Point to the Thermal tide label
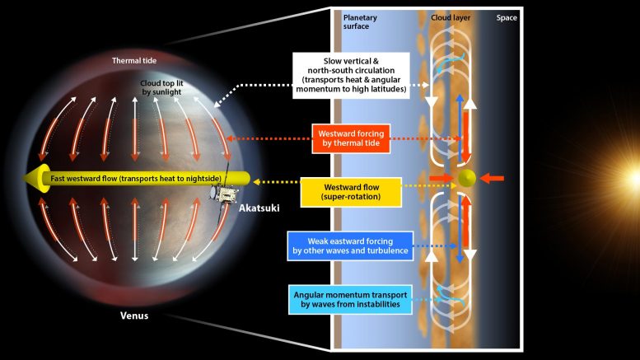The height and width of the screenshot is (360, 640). (x=134, y=59)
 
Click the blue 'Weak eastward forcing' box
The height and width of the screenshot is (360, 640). (x=349, y=245)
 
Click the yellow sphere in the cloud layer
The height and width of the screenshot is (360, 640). (x=466, y=178)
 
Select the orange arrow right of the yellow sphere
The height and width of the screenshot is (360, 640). (x=492, y=178)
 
